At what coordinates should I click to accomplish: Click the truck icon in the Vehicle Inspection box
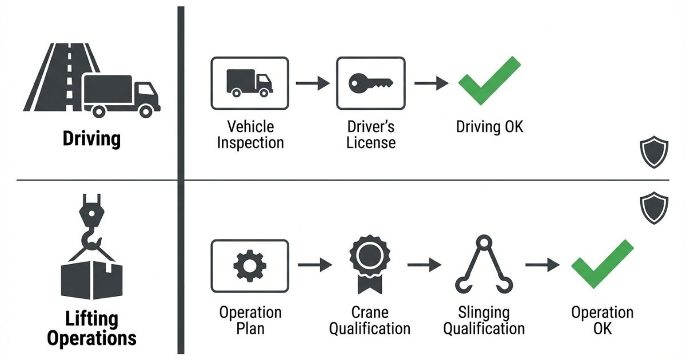pos(250,82)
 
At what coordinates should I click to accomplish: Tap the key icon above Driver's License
pos(371,83)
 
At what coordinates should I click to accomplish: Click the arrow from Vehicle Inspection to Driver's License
pos(312,83)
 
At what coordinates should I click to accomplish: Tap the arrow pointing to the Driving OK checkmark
pos(431,83)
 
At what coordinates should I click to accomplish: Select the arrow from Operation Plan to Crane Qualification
pos(314,265)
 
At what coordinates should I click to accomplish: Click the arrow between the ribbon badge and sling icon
pos(424,265)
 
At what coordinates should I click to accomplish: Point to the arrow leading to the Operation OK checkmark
pos(542,265)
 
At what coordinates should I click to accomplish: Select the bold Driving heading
pos(91,139)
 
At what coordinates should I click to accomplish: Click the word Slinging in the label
pos(484,313)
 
